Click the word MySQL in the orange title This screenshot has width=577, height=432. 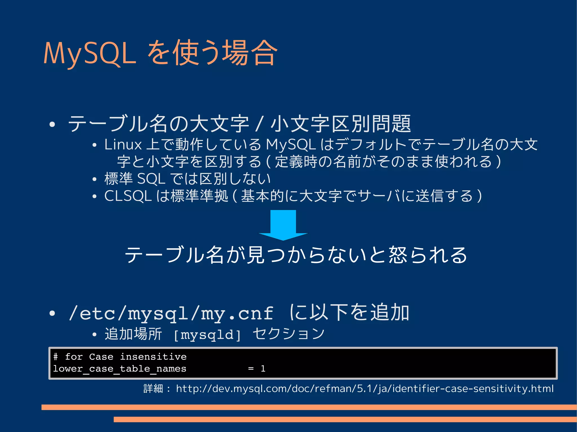90,53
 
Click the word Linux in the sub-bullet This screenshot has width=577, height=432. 123,145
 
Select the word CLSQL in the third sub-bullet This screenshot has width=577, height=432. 128,196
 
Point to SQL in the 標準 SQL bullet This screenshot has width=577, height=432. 151,179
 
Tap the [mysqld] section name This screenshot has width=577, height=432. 207,335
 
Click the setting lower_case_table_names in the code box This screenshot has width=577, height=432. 120,369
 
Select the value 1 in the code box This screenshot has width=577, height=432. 263,369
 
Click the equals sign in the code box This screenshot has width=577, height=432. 251,369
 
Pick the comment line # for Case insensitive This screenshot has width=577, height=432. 120,357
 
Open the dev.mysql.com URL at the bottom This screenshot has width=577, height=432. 365,389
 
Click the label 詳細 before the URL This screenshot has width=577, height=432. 153,389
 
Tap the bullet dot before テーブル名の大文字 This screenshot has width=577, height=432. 52,124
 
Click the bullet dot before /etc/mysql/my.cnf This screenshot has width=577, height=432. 52,313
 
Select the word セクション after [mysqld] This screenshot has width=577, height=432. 288,334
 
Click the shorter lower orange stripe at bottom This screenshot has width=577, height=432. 345,419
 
